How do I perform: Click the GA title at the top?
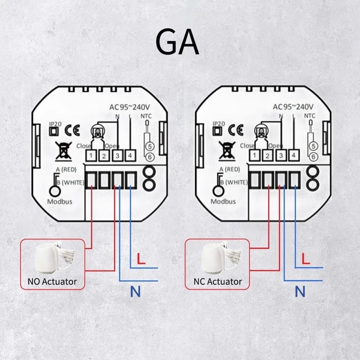[x=177, y=42]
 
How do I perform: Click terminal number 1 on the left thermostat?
[x=91, y=156]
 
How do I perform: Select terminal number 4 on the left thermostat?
[x=130, y=156]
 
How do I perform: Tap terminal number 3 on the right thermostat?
[x=280, y=156]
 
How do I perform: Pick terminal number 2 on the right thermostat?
[x=267, y=156]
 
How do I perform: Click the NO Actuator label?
[x=49, y=282]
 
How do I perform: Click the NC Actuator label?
[x=218, y=282]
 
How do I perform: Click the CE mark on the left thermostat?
[x=72, y=130]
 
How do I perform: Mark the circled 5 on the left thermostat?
[x=150, y=146]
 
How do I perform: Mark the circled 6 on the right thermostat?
[x=314, y=156]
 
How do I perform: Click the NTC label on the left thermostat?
[x=147, y=115]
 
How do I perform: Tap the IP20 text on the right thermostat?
[x=218, y=123]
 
